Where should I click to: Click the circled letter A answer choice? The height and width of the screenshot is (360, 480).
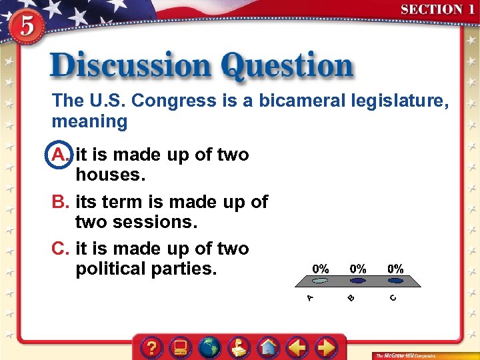pos(59,155)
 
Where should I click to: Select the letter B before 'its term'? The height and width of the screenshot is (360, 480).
pos(60,202)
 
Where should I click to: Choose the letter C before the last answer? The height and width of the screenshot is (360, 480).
pos(60,249)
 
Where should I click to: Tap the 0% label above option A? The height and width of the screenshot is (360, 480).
pos(321,269)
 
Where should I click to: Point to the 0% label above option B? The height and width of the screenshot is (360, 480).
pos(358,269)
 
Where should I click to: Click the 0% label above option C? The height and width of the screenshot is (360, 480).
pos(395,269)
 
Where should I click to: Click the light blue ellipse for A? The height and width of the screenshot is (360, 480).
pos(321,281)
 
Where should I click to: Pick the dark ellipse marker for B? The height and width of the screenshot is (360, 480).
pos(359,281)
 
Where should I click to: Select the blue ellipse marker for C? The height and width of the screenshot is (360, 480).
pos(396,281)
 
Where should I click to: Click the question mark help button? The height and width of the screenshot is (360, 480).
pos(153,347)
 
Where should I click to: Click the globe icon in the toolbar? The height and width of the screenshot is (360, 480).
pos(210,347)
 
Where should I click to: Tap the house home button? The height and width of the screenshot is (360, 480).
pos(268,347)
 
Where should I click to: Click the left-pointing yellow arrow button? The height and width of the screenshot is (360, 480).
pos(297,347)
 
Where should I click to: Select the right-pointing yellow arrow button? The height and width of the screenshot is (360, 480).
pos(326,347)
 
